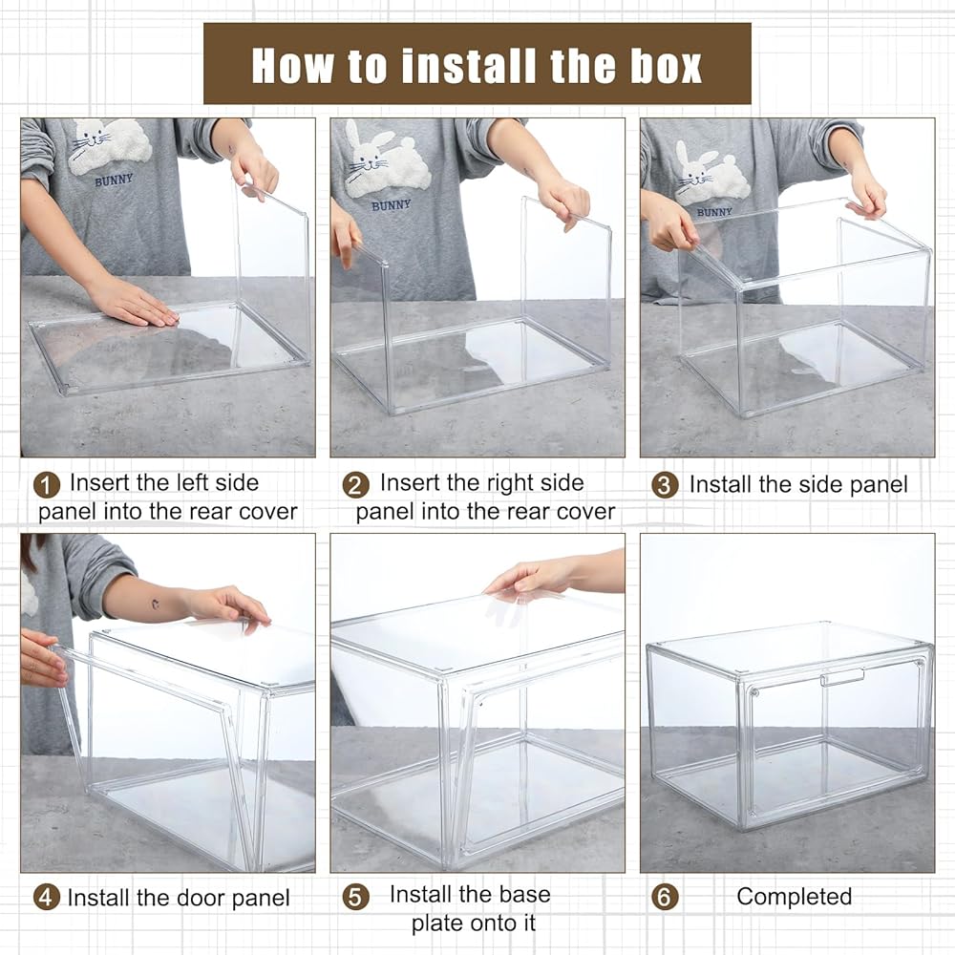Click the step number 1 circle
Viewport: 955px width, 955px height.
[47, 485]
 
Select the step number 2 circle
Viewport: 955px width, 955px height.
[355, 485]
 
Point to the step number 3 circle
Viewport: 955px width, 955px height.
[665, 485]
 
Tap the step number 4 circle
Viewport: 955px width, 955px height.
[47, 898]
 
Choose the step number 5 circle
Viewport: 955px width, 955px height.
[355, 898]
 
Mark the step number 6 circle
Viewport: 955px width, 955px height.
[665, 898]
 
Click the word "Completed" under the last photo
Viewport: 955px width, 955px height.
[795, 897]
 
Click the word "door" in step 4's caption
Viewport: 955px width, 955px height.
[202, 898]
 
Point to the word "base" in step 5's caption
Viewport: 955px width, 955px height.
[525, 894]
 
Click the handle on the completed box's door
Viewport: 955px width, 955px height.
[842, 677]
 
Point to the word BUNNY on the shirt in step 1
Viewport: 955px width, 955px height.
[114, 180]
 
